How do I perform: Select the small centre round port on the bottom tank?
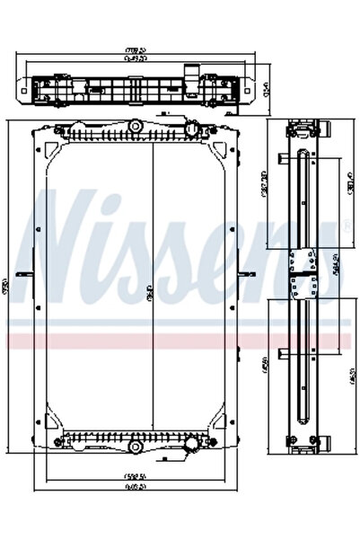(135, 446)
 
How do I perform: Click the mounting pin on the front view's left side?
(29, 273)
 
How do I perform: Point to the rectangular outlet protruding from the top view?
(191, 72)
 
